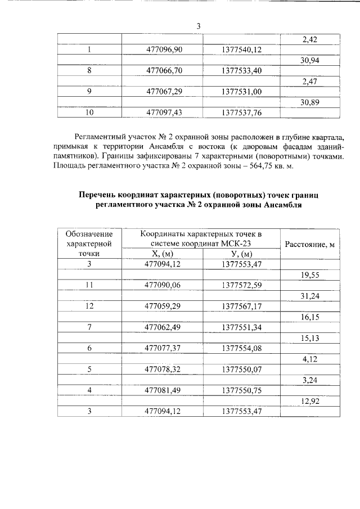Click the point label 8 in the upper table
[89, 71]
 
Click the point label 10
[89, 112]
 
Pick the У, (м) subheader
[241, 254]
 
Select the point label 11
[89, 285]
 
